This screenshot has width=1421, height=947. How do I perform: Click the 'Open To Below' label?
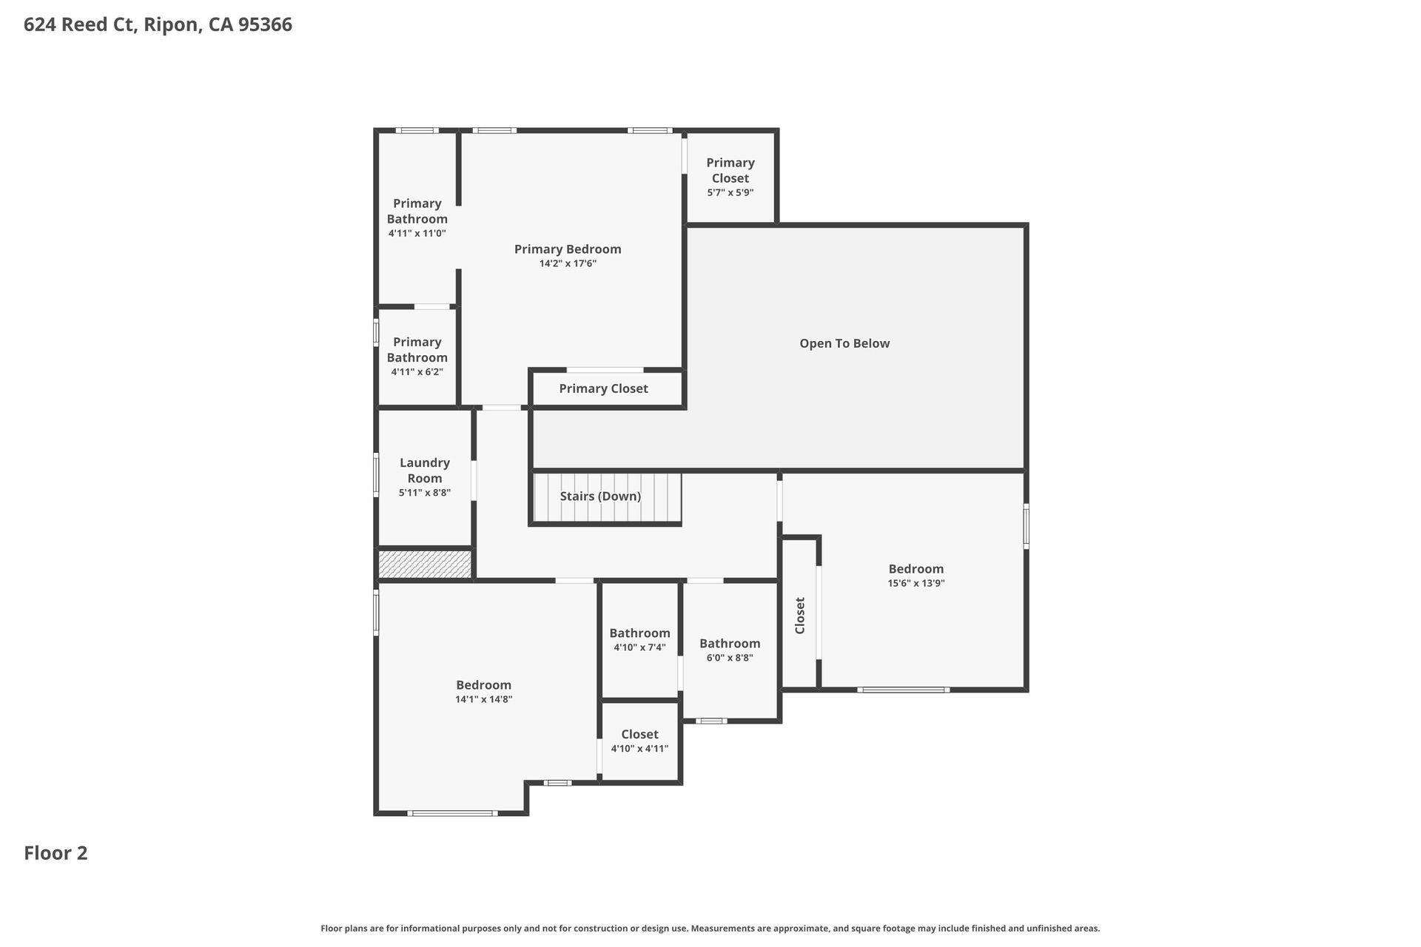(844, 343)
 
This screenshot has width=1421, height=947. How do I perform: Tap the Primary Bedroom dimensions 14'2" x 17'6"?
(568, 263)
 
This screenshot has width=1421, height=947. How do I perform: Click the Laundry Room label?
(424, 470)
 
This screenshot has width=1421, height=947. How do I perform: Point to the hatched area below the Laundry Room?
(425, 564)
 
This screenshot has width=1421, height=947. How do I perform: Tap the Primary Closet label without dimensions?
(603, 388)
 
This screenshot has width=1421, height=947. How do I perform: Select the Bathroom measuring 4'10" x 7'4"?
(639, 639)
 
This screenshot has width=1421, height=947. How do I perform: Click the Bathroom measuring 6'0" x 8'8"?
(730, 650)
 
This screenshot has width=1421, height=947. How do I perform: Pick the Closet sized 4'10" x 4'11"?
(639, 741)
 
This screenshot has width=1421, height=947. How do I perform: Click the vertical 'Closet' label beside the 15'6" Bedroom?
(799, 615)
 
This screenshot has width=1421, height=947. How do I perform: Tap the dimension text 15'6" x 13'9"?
(916, 583)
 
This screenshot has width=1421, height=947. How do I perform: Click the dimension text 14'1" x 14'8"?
(483, 699)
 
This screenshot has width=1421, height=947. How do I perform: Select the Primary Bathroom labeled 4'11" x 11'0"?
(417, 218)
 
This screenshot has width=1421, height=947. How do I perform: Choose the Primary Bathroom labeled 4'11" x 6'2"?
(417, 356)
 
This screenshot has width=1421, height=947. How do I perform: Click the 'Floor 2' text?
(56, 853)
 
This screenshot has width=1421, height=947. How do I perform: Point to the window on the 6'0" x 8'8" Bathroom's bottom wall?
(710, 721)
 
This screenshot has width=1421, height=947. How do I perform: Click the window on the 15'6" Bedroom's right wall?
(1026, 526)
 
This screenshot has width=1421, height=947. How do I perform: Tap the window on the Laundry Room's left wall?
(376, 475)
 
